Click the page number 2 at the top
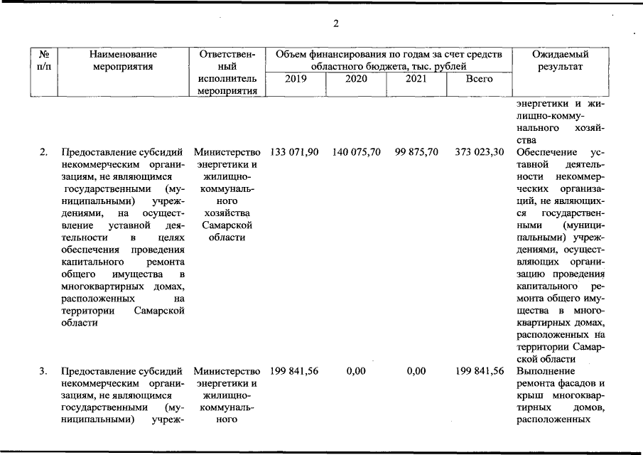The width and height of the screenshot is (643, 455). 336,23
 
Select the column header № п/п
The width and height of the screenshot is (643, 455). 44,60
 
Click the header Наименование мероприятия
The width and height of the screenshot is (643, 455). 124,60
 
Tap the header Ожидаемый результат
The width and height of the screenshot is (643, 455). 560,60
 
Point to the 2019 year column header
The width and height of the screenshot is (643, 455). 295,78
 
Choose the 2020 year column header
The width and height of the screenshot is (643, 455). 356,78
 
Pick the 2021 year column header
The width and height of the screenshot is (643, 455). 416,78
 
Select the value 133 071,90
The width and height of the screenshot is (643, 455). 294,152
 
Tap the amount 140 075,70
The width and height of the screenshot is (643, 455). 356,152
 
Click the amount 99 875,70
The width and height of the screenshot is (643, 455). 416,152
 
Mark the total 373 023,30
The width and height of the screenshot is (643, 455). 479,152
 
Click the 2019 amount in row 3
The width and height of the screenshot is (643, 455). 294,370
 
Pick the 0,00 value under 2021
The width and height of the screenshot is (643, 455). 416,370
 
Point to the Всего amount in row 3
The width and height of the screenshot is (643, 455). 479,370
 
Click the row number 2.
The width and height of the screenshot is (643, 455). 43,152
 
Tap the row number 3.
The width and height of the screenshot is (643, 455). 43,370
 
